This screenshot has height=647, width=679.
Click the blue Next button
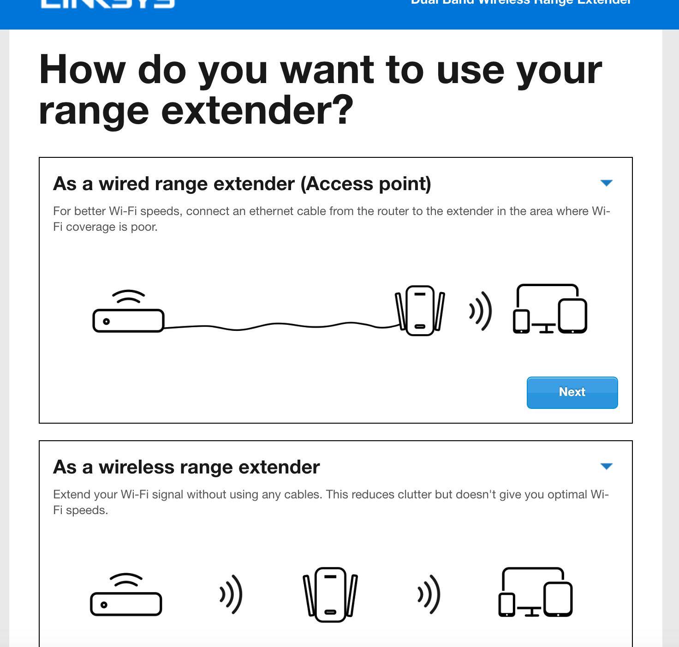(x=572, y=392)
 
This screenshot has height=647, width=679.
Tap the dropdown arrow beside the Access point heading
(x=606, y=183)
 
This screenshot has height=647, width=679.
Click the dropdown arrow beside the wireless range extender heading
(x=606, y=467)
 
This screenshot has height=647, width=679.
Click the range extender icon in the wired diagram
(x=420, y=311)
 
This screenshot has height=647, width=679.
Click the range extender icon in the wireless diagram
(x=330, y=594)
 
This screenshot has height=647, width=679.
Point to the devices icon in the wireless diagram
(x=536, y=593)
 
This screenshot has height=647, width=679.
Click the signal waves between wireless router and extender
(x=231, y=594)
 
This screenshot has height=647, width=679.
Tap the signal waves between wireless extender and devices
(x=429, y=594)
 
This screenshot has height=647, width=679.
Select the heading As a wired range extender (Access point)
(x=242, y=184)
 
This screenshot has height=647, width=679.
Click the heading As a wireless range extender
(x=186, y=467)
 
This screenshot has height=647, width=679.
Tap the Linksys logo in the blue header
(x=107, y=4)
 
